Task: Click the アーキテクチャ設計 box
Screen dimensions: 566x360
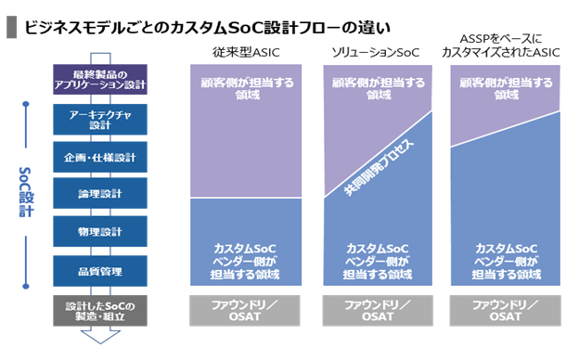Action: pyautogui.click(x=100, y=120)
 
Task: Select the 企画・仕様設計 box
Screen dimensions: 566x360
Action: pyautogui.click(x=100, y=157)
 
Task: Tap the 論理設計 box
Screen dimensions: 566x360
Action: pyautogui.click(x=100, y=193)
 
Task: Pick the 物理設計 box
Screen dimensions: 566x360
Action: pyautogui.click(x=100, y=231)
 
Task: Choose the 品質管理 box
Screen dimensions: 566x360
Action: pyautogui.click(x=100, y=271)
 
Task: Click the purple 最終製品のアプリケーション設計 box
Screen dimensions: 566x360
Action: pyautogui.click(x=100, y=80)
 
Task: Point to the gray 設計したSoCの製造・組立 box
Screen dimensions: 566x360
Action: pyautogui.click(x=100, y=311)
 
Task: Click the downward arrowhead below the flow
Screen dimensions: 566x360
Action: pyautogui.click(x=100, y=337)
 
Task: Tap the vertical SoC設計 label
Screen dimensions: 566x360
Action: pyautogui.click(x=26, y=192)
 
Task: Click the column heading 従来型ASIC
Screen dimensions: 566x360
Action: pyautogui.click(x=246, y=53)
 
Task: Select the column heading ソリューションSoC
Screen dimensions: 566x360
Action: pyautogui.click(x=376, y=53)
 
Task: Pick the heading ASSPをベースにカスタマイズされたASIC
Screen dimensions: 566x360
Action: pyautogui.click(x=501, y=45)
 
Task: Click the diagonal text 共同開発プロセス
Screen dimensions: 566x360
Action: pyautogui.click(x=379, y=167)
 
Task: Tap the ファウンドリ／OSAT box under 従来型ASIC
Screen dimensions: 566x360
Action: pyautogui.click(x=245, y=311)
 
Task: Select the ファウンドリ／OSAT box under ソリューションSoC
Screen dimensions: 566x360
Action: pyautogui.click(x=378, y=311)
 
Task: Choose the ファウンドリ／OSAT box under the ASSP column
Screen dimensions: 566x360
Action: pyautogui.click(x=506, y=311)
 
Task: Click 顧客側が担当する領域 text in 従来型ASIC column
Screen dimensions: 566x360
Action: pyautogui.click(x=247, y=89)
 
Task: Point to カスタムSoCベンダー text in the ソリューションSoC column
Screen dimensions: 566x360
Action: pyautogui.click(x=378, y=255)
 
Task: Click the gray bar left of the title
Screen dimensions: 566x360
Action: pyautogui.click(x=11, y=27)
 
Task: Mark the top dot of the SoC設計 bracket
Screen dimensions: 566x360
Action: pyautogui.click(x=26, y=104)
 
